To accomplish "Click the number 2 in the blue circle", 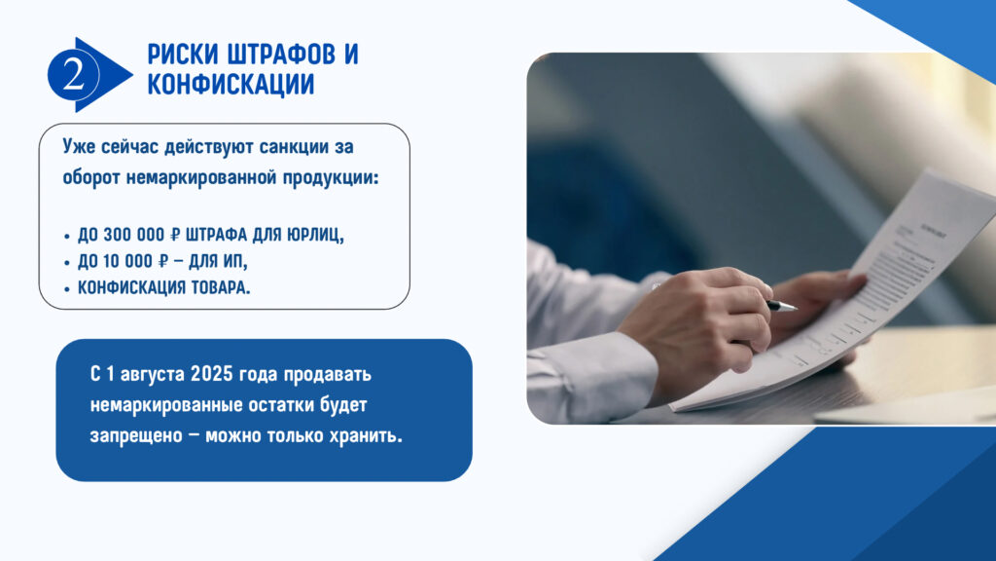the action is click(73, 75).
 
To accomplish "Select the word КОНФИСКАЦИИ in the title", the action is click(231, 85).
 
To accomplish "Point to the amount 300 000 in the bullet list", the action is click(133, 235).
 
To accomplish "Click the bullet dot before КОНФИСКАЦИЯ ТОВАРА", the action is click(67, 289).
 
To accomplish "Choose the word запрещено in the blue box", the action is click(127, 437).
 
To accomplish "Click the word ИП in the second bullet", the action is click(233, 262).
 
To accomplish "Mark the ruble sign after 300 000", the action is click(175, 235).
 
